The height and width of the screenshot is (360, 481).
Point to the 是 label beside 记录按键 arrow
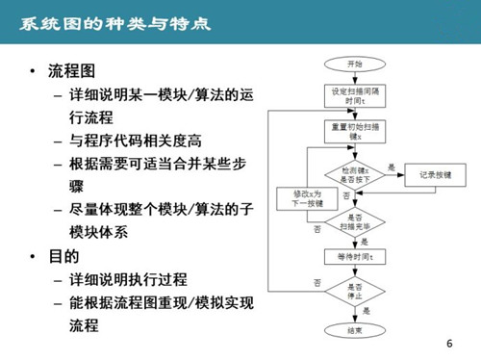click(x=391, y=167)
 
